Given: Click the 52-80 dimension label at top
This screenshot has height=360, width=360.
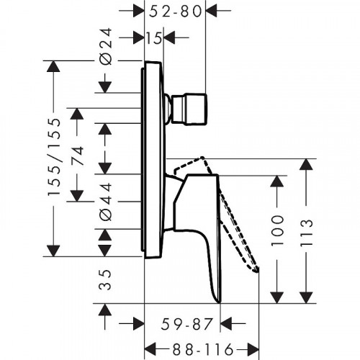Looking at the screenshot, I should pos(174,11).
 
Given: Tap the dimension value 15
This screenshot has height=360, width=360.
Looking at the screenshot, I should pos(153,38).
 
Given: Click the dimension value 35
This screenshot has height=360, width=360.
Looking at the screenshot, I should pos(104,282).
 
